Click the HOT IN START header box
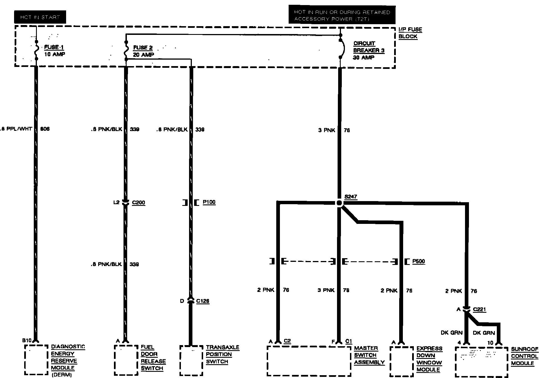40,17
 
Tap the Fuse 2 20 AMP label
143,51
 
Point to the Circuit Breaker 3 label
369,50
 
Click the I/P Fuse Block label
410,33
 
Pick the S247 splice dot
339,203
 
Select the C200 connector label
138,202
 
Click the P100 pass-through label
209,202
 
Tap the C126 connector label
203,301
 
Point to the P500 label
418,261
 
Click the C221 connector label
479,309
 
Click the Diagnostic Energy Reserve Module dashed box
36,360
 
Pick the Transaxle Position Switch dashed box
191,361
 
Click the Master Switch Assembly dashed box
309,361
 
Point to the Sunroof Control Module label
524,356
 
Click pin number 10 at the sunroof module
490,343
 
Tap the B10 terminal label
27,340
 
